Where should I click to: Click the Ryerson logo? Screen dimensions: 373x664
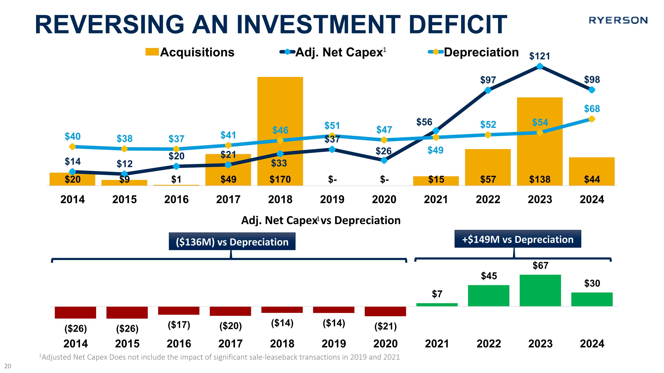tap(618, 20)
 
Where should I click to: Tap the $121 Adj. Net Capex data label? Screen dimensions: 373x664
tap(540, 56)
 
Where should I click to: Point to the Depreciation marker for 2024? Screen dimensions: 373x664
tap(592, 119)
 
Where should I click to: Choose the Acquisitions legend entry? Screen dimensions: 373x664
tap(190, 52)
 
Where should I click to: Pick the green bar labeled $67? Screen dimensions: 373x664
tap(540, 290)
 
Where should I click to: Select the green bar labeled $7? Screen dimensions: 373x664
tap(437, 304)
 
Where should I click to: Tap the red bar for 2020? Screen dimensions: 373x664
tap(385, 311)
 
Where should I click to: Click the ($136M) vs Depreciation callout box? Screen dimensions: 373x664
tap(232, 241)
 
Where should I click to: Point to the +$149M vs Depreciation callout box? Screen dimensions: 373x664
tap(518, 239)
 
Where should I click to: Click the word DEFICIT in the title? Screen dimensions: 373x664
tap(458, 25)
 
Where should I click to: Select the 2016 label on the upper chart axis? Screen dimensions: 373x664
tap(176, 199)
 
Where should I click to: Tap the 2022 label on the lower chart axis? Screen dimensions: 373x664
tap(488, 344)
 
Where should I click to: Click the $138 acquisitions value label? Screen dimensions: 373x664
tap(540, 179)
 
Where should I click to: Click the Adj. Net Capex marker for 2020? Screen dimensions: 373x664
tap(384, 160)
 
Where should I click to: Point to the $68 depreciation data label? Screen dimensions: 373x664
tap(592, 109)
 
